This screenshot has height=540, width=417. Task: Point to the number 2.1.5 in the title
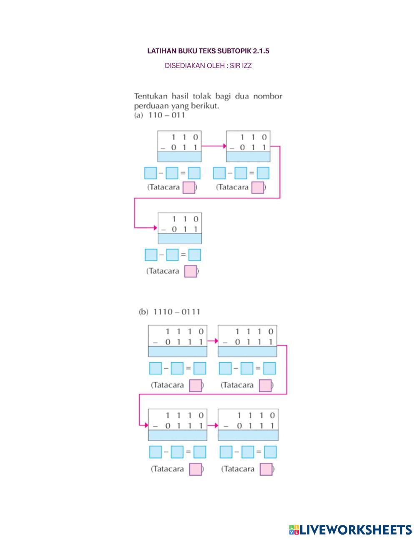point(261,51)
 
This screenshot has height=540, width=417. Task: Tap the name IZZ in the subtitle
point(246,66)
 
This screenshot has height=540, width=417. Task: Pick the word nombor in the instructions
point(268,96)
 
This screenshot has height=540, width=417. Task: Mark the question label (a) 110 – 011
point(159,115)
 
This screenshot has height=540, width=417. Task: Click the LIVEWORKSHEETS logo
point(350,530)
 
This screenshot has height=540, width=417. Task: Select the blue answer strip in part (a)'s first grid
point(179,156)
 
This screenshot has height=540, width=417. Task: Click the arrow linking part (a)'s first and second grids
point(214,146)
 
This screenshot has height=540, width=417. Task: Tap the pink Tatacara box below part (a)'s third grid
point(191,271)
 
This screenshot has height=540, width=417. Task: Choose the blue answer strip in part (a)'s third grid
point(180,238)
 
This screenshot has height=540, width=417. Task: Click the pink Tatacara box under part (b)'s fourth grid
point(266,469)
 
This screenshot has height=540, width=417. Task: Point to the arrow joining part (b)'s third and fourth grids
point(213,425)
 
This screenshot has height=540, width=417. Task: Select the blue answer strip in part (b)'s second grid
point(247,351)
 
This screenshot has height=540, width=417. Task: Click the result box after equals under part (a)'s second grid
point(263,173)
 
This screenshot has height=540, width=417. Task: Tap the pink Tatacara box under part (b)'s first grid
point(196,386)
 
